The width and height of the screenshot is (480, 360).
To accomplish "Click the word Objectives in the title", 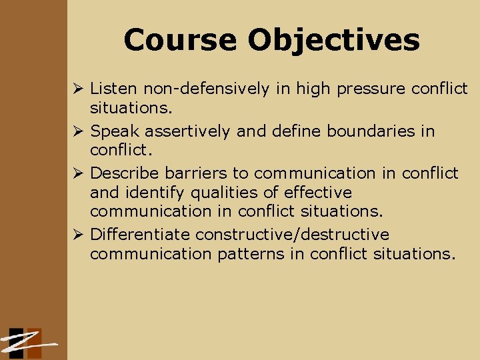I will coord(334,40).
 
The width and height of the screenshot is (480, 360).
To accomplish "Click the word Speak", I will coord(113,131).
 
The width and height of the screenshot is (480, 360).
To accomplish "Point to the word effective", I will coord(318,193).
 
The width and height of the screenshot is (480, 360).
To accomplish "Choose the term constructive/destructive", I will coord(293,235).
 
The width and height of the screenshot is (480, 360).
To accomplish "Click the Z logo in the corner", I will coord(27,343).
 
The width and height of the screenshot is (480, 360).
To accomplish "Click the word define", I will coord(296,131).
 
